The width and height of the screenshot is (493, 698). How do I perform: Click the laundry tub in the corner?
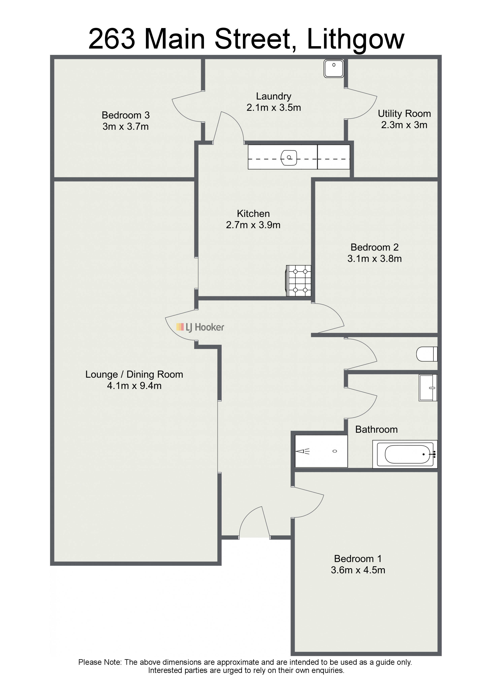[x=334, y=68]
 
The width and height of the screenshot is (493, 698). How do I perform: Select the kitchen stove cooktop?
[x=299, y=281]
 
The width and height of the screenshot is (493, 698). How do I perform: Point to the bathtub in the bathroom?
[x=405, y=454]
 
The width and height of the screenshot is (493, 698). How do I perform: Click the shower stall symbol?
[x=321, y=451]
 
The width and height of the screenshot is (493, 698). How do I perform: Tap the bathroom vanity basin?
[x=428, y=388]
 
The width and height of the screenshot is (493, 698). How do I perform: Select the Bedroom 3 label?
[x=126, y=115]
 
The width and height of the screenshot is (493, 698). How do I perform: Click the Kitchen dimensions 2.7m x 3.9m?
[x=253, y=225]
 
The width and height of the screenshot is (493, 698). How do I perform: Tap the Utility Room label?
[x=404, y=114]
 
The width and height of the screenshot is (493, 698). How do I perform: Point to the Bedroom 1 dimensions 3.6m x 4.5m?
[x=358, y=570]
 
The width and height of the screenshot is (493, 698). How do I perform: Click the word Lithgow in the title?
[x=356, y=39]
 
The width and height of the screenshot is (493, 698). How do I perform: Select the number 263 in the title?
[x=112, y=39]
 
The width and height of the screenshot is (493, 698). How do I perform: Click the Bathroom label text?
[x=376, y=430]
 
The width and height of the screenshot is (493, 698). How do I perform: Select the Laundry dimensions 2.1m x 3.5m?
[x=274, y=108]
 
